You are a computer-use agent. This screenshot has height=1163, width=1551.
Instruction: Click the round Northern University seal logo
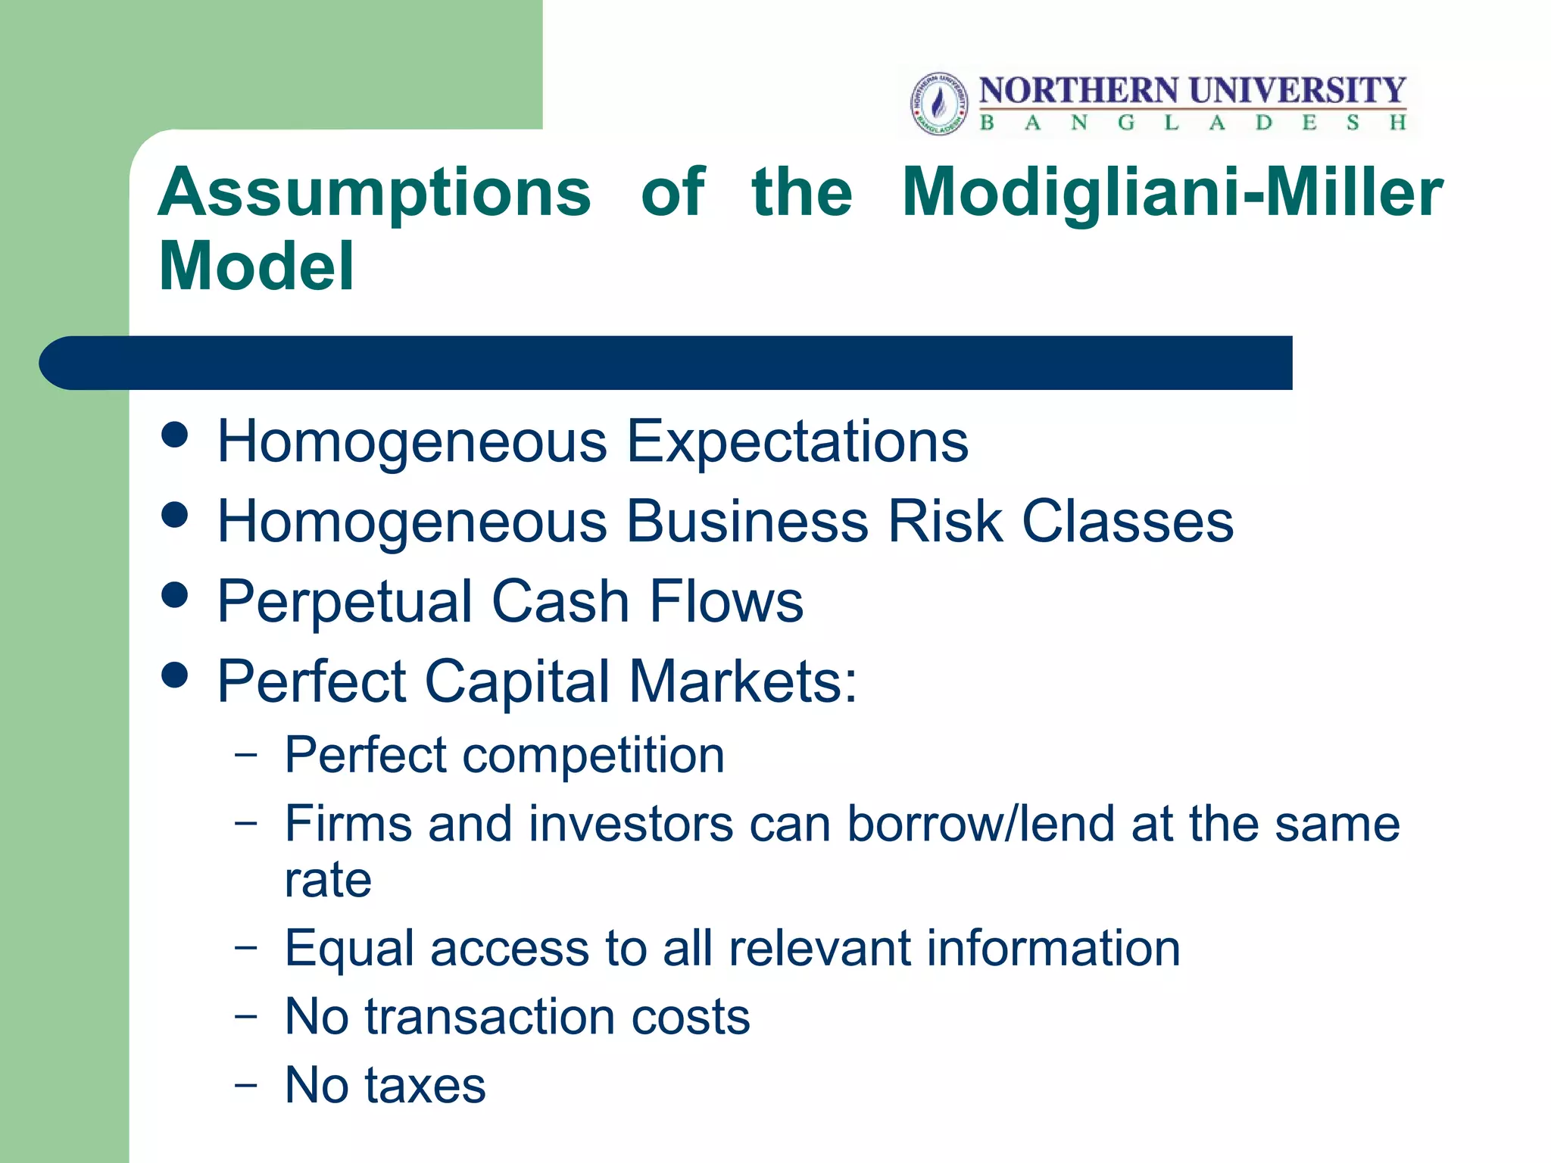(939, 104)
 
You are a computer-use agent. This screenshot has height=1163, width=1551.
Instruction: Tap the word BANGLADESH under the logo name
(1193, 123)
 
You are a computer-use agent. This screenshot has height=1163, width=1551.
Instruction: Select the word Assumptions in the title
(374, 193)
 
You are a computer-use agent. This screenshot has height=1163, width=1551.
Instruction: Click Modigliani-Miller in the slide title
(1172, 193)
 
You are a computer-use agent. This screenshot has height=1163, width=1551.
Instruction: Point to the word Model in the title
(256, 266)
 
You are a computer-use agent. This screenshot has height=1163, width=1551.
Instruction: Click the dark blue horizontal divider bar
(666, 363)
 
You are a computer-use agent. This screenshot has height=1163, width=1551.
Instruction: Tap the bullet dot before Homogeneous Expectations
(175, 435)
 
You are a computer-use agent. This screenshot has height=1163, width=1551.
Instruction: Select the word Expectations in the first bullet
(797, 442)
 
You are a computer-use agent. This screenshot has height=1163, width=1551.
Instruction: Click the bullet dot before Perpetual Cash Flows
(175, 594)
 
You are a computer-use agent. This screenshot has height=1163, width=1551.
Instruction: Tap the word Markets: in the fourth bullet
(743, 681)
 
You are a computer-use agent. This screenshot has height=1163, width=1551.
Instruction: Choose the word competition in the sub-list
(593, 756)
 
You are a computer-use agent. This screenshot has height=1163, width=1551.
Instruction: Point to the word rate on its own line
(328, 881)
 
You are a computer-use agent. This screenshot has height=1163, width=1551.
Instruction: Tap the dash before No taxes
(245, 1084)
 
